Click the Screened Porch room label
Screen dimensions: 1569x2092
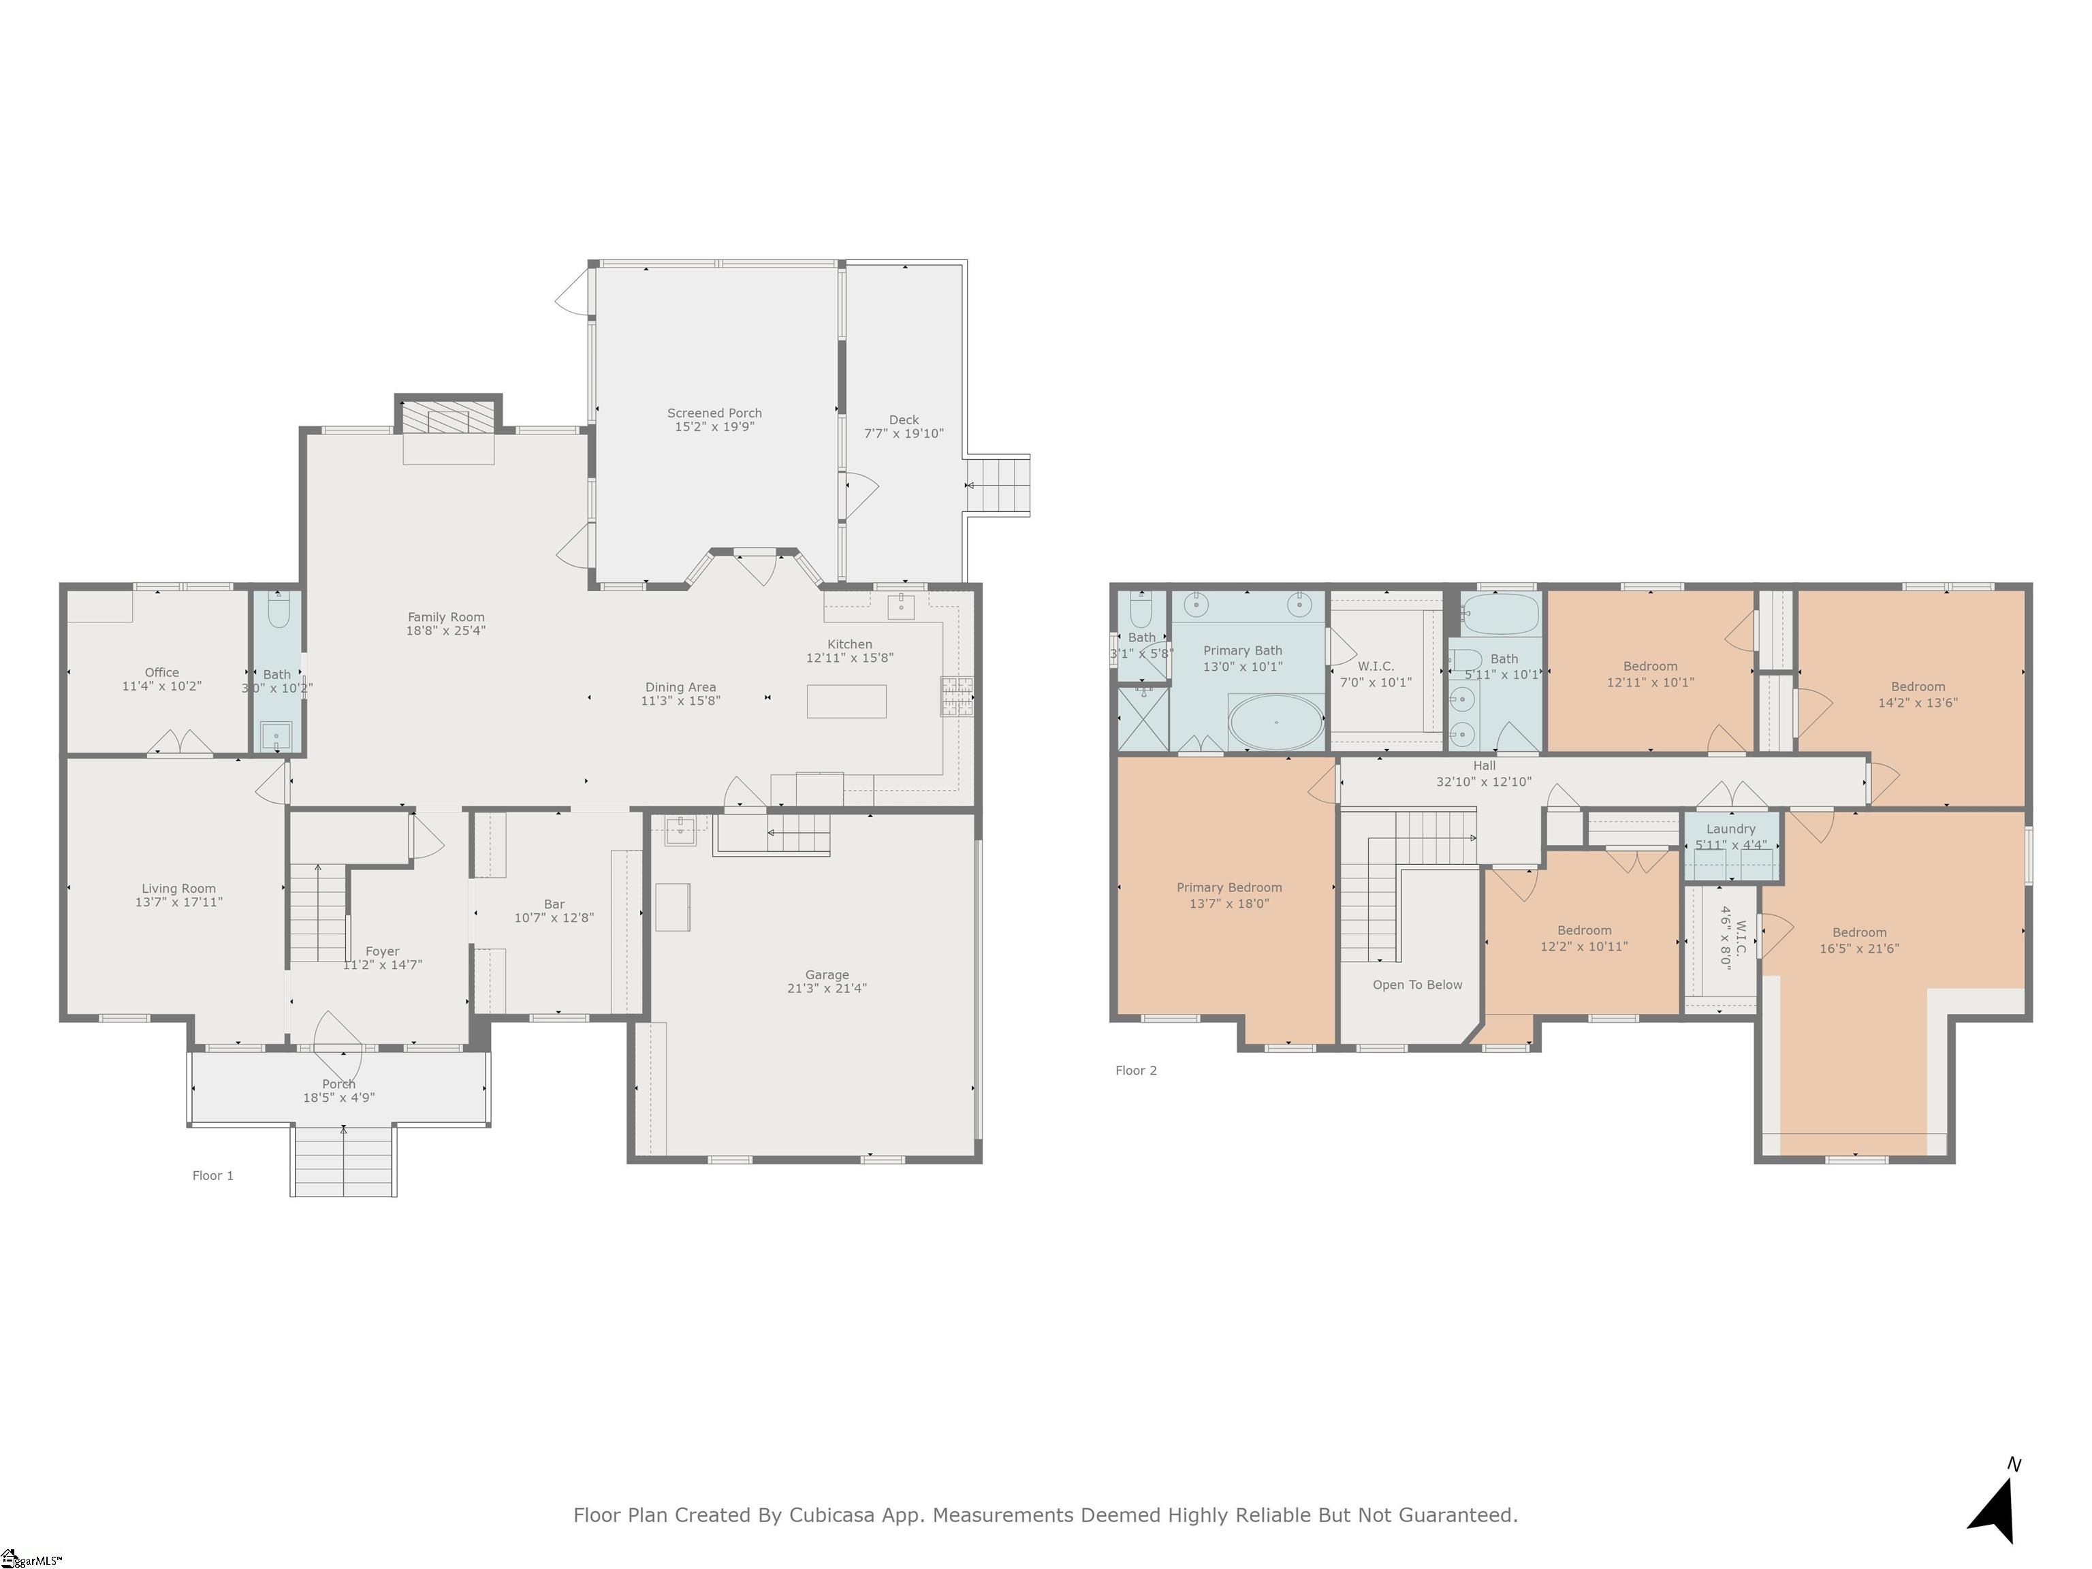coord(714,413)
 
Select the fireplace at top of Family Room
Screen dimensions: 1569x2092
coord(448,417)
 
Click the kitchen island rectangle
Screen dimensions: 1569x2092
coord(846,701)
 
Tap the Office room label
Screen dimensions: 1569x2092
coord(161,672)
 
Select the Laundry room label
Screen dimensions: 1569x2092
coord(1730,829)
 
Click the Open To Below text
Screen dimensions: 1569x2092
coord(1416,985)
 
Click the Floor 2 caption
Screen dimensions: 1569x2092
coord(1135,1071)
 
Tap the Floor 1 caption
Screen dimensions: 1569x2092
coord(212,1175)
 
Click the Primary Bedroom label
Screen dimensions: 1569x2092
coord(1229,887)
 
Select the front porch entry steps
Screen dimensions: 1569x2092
coord(343,1160)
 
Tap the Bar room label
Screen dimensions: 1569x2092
coord(554,904)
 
